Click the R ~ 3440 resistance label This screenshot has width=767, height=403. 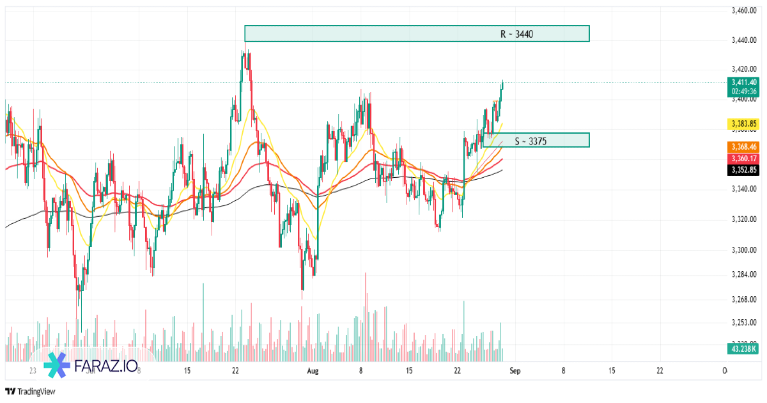point(516,34)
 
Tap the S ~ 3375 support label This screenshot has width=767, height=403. point(530,141)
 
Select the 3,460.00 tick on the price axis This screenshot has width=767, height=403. point(744,10)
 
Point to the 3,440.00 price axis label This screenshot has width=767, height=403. point(744,40)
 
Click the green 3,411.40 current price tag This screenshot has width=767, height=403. point(744,82)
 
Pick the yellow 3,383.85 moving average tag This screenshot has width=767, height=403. point(744,123)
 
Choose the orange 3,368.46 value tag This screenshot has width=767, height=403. point(744,146)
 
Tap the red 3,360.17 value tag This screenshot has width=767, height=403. point(744,158)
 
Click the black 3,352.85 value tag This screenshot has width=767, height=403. point(744,170)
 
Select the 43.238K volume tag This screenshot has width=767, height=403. point(743,349)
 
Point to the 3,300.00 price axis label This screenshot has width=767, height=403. point(744,250)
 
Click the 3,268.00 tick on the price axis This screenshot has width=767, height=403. point(744,299)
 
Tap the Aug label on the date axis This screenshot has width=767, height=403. point(313,370)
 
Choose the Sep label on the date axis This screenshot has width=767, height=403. point(515,370)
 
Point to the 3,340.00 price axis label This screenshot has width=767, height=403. point(744,189)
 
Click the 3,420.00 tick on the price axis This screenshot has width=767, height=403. point(744,69)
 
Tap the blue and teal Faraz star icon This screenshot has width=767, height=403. point(57,366)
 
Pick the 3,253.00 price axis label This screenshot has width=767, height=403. point(744,323)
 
